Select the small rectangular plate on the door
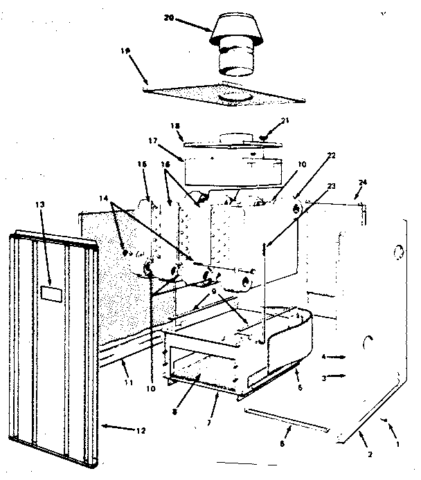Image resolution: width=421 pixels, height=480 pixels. click(x=50, y=293)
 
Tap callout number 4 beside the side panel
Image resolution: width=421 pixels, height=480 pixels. click(x=324, y=357)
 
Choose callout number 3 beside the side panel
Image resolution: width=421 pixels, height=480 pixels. click(x=324, y=378)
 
